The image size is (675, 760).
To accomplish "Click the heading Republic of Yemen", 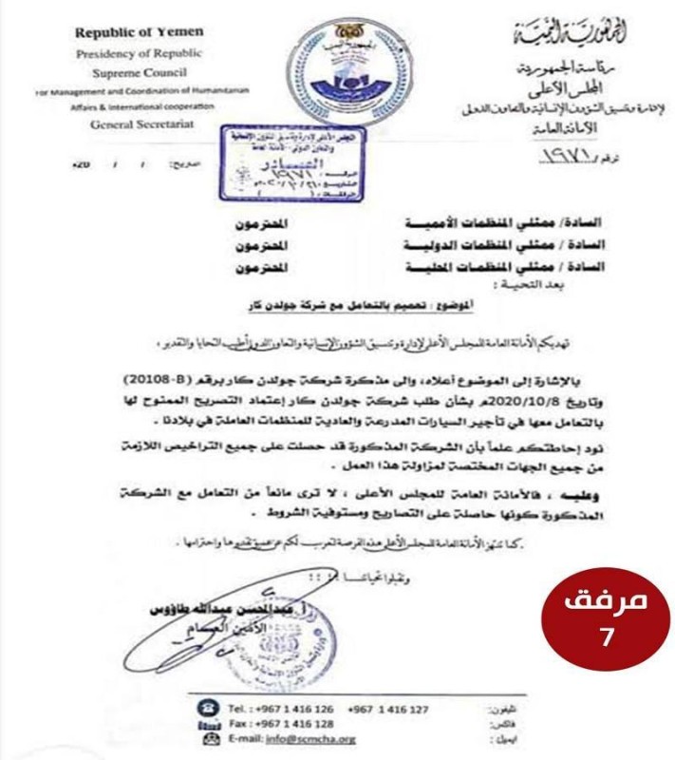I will point(139,33).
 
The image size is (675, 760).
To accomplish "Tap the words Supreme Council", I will point(139,72).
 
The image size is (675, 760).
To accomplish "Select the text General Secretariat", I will point(139,124).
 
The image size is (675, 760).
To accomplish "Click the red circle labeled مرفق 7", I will point(607,618).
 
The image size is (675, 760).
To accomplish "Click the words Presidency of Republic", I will point(139,53).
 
